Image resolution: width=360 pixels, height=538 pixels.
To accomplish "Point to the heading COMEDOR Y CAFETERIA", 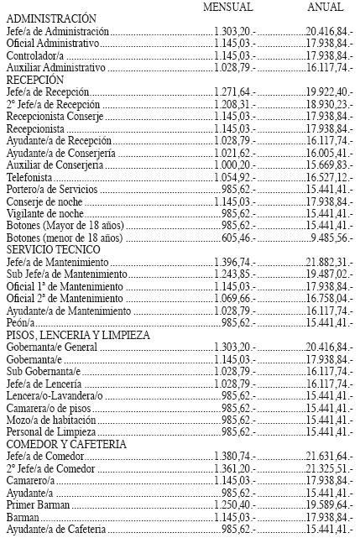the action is pos(65,443).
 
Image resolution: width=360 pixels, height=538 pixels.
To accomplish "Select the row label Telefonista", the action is pos(29,178).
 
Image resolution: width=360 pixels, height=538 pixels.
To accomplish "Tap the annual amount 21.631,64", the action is pos(328,456).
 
